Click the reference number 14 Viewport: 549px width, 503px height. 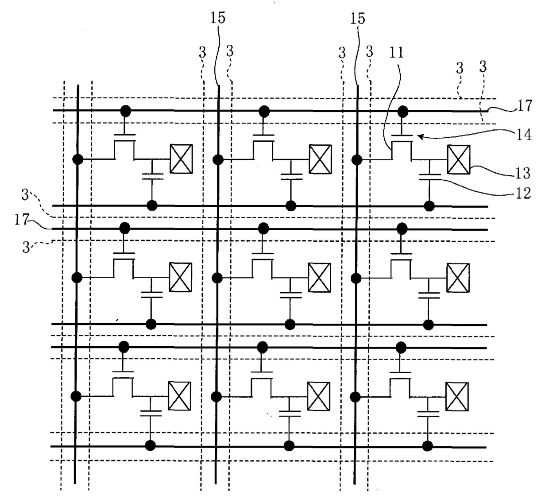(x=524, y=135)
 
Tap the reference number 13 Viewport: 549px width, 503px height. (x=523, y=173)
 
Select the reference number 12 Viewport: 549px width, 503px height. (x=523, y=193)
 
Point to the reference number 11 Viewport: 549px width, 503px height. (x=396, y=52)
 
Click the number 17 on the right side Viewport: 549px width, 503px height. (x=524, y=106)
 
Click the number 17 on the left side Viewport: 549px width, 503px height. (x=22, y=220)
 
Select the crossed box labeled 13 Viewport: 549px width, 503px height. (x=458, y=160)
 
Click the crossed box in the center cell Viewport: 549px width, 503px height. (x=319, y=277)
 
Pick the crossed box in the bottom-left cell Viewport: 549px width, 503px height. (x=179, y=396)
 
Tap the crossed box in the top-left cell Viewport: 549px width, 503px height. (x=181, y=159)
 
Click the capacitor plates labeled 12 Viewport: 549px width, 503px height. (x=429, y=177)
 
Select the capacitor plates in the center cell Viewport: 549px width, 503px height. (x=290, y=295)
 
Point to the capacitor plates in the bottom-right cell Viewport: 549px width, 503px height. (x=428, y=414)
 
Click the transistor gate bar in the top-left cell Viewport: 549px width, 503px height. (x=125, y=135)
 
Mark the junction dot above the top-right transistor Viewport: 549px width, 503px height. (x=403, y=112)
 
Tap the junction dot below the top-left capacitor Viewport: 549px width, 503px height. (x=152, y=205)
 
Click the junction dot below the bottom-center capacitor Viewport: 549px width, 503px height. (x=289, y=446)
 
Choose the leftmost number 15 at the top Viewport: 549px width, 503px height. (x=217, y=18)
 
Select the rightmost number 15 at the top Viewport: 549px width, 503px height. (x=357, y=19)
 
